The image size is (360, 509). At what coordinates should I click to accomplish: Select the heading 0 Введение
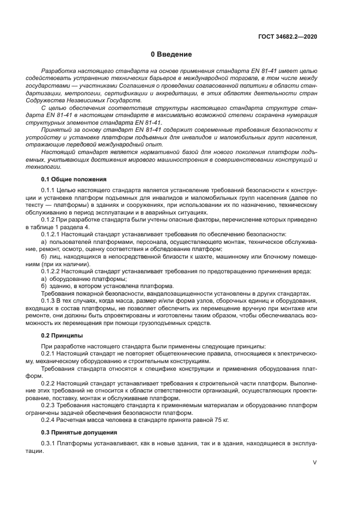171,54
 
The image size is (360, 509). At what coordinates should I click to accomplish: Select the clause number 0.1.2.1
52,233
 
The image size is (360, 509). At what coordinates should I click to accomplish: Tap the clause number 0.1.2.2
52,271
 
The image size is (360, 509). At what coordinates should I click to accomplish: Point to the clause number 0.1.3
49,301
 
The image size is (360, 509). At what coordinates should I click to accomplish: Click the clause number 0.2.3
49,404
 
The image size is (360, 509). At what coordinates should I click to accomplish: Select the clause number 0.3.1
49,444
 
